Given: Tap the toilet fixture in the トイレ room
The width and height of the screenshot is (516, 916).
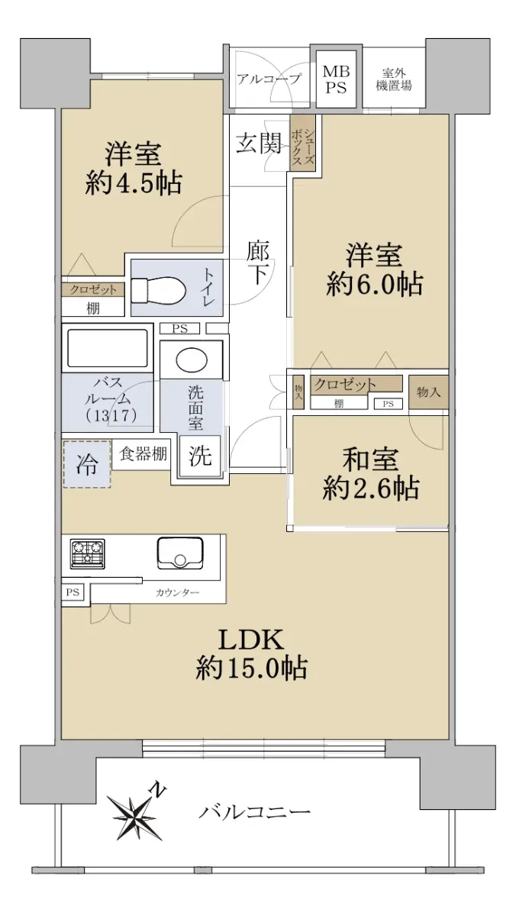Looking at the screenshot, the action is click(159, 289).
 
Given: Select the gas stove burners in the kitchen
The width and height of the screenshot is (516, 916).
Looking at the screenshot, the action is click(88, 553).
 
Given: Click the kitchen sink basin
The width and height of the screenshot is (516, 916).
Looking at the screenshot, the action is click(180, 553).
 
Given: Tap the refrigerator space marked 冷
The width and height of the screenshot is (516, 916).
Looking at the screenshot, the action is click(87, 464).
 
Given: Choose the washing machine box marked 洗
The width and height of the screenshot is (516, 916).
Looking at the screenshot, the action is click(200, 455).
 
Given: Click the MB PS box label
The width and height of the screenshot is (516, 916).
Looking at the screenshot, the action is click(336, 79).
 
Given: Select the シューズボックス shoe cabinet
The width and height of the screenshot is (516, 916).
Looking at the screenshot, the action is click(302, 143).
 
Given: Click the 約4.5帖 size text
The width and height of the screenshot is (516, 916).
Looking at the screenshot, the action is click(134, 184).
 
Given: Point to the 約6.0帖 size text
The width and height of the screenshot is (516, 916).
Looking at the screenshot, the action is click(374, 284).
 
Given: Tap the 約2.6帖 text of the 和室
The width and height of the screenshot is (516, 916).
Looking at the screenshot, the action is click(370, 489).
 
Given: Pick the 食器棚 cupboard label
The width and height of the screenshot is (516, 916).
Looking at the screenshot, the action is click(143, 453).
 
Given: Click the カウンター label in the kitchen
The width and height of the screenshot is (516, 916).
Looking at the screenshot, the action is click(177, 592).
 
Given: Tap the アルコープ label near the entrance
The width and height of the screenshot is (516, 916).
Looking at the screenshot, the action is click(269, 79).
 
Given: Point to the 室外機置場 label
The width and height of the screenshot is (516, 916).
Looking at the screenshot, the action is click(393, 79).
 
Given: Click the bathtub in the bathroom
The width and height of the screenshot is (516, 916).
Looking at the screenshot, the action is click(108, 348).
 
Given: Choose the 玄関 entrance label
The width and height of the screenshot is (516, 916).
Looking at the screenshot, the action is click(260, 144).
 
